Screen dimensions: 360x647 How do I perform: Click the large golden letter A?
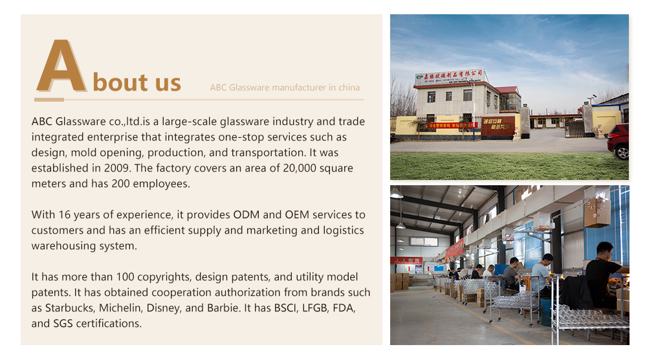61,67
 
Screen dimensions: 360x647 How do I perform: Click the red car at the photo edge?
619,141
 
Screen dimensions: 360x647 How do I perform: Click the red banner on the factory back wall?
455,249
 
